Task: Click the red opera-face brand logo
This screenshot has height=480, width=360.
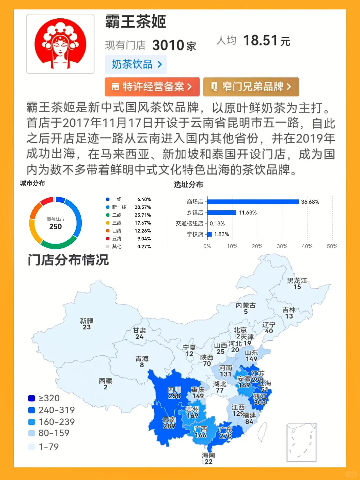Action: (x=60, y=44)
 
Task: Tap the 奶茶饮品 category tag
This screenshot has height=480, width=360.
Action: (x=136, y=64)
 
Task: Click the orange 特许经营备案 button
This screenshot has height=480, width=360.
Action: (x=152, y=87)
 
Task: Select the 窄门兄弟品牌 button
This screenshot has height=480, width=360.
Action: (x=251, y=87)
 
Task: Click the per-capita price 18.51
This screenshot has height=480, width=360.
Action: (x=260, y=41)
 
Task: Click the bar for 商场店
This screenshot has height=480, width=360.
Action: (x=253, y=202)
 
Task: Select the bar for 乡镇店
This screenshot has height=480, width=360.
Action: (x=222, y=213)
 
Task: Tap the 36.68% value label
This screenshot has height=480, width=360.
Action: (x=310, y=202)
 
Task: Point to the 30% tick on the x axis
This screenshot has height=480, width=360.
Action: (x=282, y=246)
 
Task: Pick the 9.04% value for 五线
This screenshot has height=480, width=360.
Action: (x=144, y=239)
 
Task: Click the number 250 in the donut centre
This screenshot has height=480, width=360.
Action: (x=55, y=227)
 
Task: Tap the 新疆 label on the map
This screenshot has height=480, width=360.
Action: (x=87, y=321)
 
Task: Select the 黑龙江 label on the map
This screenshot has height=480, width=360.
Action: (x=297, y=281)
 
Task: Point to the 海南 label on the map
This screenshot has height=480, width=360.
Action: (x=208, y=455)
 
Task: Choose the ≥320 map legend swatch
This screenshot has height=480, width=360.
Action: (x=32, y=398)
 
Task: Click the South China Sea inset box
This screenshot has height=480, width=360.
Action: (x=301, y=442)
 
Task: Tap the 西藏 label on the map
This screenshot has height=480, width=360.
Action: (x=106, y=381)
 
